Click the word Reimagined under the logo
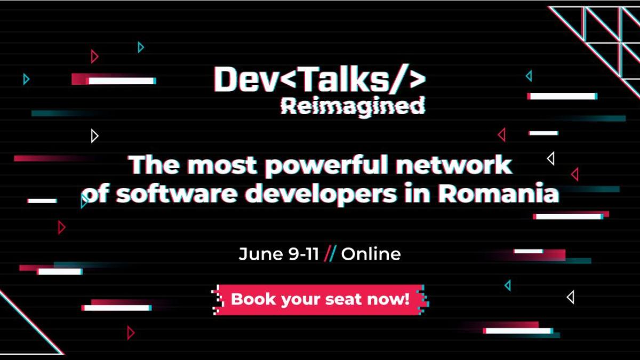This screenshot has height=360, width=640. pyautogui.click(x=353, y=106)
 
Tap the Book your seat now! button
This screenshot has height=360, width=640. pyautogui.click(x=320, y=299)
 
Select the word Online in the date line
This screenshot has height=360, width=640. pyautogui.click(x=371, y=254)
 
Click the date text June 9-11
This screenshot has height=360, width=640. pyautogui.click(x=278, y=254)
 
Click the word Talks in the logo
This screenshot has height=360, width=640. pyautogui.click(x=341, y=79)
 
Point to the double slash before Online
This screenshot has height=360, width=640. pyautogui.click(x=330, y=254)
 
